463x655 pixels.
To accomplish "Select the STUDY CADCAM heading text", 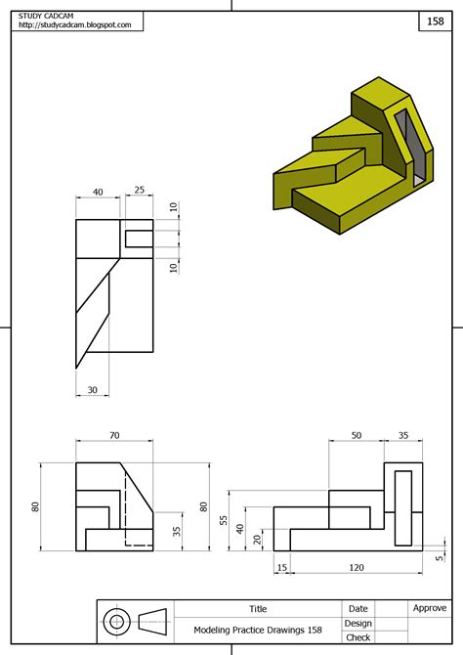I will [49, 14].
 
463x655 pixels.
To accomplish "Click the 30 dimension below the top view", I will [93, 390].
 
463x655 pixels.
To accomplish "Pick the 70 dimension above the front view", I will [113, 435].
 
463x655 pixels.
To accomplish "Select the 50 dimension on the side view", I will [356, 435].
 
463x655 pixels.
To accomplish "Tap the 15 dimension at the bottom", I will [282, 567].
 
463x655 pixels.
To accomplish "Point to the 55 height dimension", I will [224, 522].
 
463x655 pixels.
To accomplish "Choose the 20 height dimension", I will [255, 538].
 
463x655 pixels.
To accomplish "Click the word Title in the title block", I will [258, 608].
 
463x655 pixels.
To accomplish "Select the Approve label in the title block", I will [429, 608].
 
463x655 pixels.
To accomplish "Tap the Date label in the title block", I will [358, 608].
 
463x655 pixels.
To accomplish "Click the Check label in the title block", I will [358, 637].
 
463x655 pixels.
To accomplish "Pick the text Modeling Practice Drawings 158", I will [258, 630].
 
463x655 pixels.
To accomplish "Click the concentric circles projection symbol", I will [117, 621].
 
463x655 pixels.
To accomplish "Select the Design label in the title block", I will [358, 623].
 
